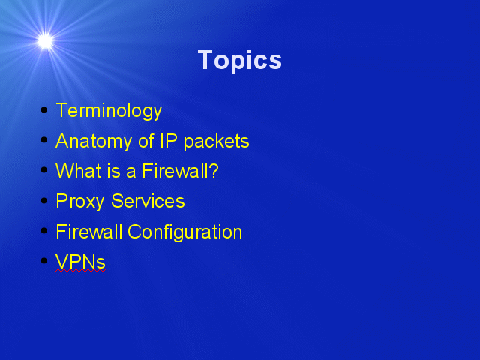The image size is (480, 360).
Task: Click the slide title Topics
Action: tap(240, 61)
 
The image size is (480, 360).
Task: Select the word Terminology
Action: tap(109, 111)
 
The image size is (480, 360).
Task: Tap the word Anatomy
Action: tap(94, 142)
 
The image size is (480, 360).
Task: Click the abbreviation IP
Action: tap(169, 141)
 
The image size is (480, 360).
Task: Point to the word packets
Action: tap(217, 142)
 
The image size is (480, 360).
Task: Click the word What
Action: tap(78, 171)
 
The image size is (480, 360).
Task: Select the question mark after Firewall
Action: tap(214, 171)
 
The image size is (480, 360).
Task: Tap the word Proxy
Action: tap(80, 202)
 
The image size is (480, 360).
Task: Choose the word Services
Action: tap(148, 201)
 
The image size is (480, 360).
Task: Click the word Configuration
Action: tap(185, 232)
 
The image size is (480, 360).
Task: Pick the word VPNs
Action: tap(80, 262)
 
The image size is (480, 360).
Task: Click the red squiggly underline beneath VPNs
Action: tap(80, 270)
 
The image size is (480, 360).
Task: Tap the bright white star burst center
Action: tap(45, 41)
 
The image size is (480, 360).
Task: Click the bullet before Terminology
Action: tap(44, 110)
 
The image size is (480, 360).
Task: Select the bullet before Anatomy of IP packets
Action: tap(44, 140)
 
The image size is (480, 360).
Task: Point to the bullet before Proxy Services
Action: tap(44, 200)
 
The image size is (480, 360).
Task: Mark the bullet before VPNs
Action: tap(44, 261)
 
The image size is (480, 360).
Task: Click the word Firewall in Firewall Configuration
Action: tap(89, 232)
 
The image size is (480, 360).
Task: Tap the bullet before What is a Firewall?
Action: tap(44, 170)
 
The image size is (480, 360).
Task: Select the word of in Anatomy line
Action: tap(146, 141)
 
